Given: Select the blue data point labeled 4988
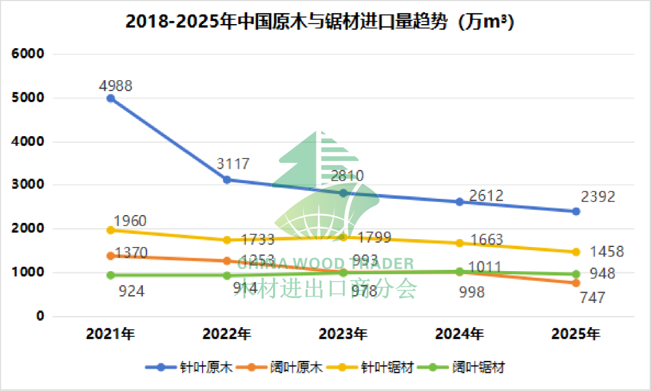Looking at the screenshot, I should pyautogui.click(x=111, y=98).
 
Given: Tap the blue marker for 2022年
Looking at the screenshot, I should pyautogui.click(x=227, y=180).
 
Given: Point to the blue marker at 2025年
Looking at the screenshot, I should pyautogui.click(x=576, y=211).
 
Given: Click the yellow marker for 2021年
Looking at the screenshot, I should pyautogui.click(x=111, y=230).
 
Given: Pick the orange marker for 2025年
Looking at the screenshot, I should pyautogui.click(x=576, y=283).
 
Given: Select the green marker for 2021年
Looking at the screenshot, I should pyautogui.click(x=111, y=275).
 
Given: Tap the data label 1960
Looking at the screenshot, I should pyautogui.click(x=130, y=221).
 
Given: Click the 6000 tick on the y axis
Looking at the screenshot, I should pyautogui.click(x=28, y=54).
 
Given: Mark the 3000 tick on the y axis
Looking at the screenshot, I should pyautogui.click(x=28, y=185).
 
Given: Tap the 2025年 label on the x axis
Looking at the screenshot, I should pyautogui.click(x=576, y=334).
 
